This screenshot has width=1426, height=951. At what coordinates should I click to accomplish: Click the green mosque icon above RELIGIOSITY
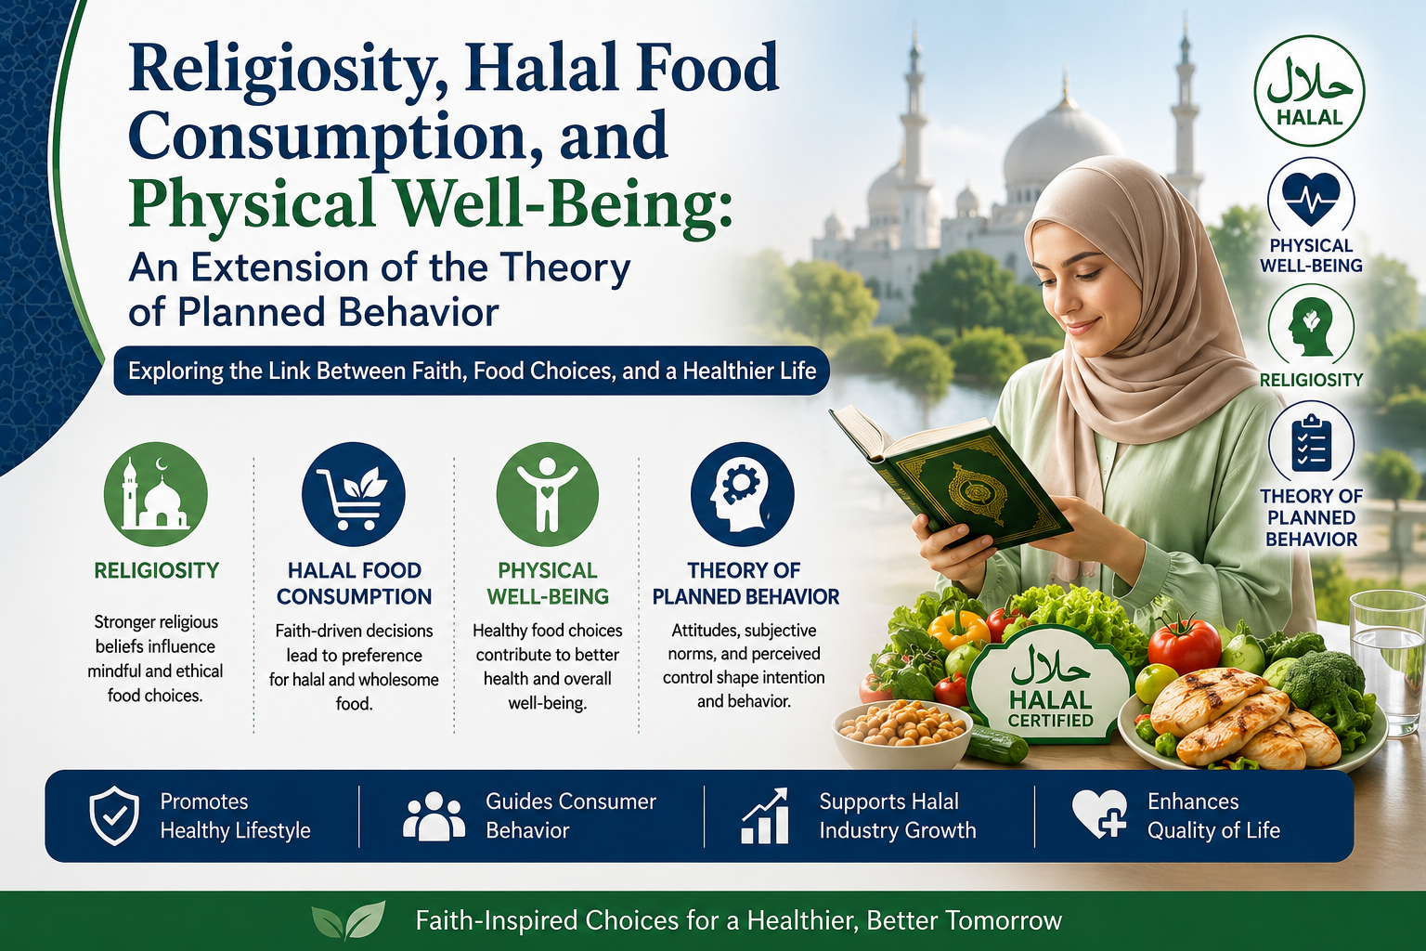click(x=155, y=494)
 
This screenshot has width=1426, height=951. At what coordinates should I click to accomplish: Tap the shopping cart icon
click(x=354, y=494)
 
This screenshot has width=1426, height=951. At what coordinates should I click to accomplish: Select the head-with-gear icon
click(x=743, y=494)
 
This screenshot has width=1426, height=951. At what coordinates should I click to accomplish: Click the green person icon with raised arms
click(x=548, y=494)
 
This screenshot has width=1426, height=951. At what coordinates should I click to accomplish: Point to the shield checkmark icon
click(x=114, y=815)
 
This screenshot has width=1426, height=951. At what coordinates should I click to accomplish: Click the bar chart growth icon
click(x=766, y=816)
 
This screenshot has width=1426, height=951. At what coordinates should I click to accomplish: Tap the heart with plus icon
click(x=1099, y=814)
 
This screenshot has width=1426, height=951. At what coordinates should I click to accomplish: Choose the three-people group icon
click(x=434, y=816)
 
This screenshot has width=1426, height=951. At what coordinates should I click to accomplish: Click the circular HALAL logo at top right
click(x=1310, y=90)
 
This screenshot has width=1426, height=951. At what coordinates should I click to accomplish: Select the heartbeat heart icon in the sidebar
click(x=1311, y=200)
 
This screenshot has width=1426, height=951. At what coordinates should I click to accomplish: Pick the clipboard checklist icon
click(x=1311, y=444)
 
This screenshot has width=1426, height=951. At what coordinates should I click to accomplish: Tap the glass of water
click(x=1388, y=662)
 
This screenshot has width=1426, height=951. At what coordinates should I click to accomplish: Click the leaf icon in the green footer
click(x=348, y=919)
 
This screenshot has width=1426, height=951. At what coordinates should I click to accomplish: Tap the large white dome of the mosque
click(x=1062, y=150)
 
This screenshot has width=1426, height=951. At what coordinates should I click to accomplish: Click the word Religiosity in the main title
click(x=280, y=70)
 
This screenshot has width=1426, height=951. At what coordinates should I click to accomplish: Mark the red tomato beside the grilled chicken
click(x=1185, y=644)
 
